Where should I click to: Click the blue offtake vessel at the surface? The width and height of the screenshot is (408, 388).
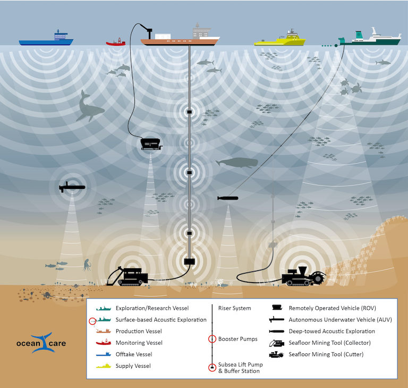(46, 39)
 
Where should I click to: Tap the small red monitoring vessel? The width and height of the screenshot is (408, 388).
(116, 42)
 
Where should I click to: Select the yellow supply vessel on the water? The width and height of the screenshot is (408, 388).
(279, 39)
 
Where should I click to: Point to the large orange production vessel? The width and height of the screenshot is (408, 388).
(180, 38)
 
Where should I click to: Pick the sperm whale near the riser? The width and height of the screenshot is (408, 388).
(236, 163)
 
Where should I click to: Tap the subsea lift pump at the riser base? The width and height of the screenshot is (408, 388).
(190, 261)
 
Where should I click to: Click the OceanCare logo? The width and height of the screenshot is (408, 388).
(48, 343)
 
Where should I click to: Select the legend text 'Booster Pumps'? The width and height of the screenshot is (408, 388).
(237, 339)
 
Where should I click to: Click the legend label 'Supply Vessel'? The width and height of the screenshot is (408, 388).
(133, 366)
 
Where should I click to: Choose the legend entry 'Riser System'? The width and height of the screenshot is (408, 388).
(234, 308)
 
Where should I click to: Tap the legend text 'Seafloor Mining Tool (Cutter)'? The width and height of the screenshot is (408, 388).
(329, 354)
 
